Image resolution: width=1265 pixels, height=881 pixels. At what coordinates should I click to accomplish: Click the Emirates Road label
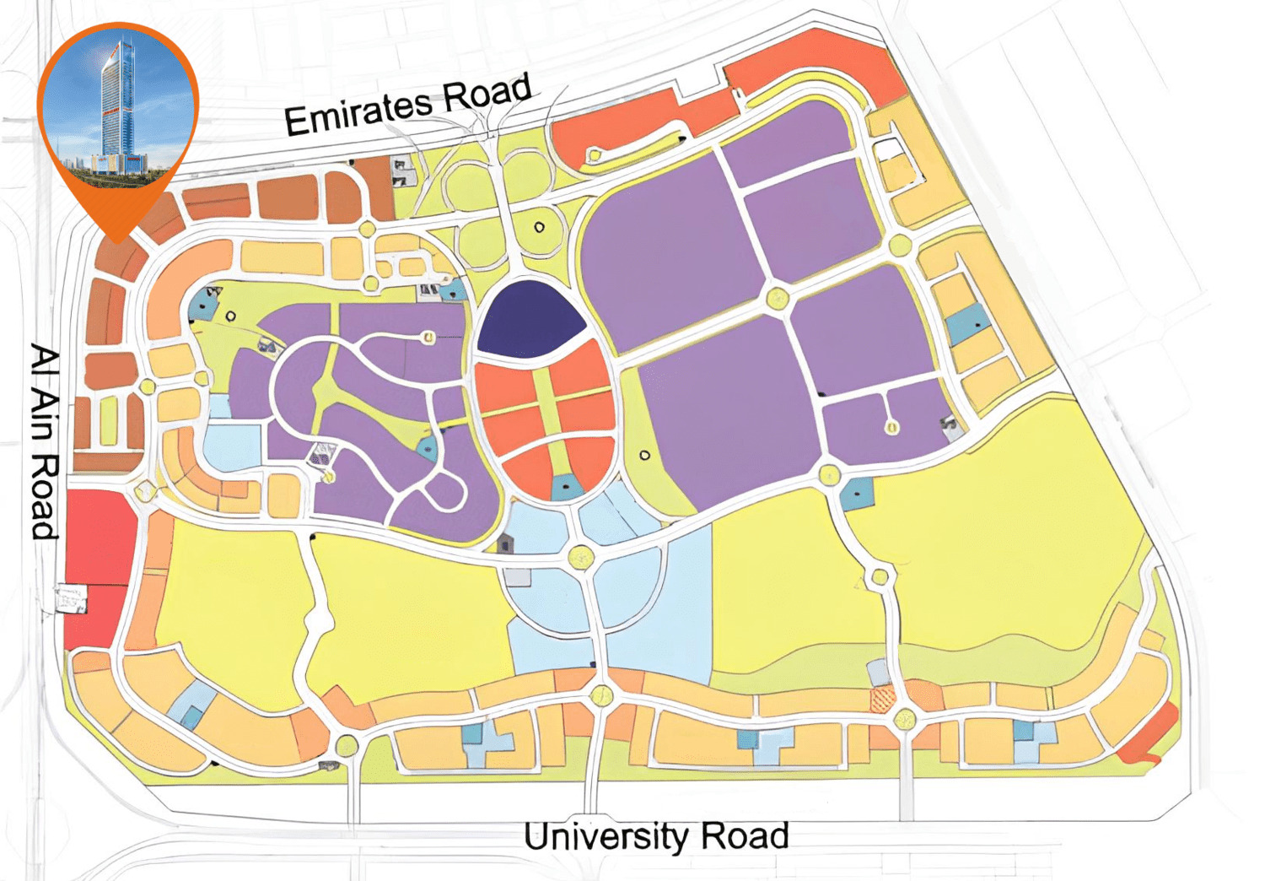click(x=407, y=105)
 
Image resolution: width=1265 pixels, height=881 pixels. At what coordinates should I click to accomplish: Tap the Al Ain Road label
click(x=45, y=440)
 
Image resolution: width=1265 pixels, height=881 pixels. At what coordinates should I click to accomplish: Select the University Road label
click(x=655, y=836)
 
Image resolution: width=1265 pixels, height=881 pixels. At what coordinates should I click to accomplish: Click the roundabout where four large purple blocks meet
click(x=777, y=298)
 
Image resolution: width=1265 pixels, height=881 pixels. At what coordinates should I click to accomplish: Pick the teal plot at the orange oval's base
click(x=566, y=487)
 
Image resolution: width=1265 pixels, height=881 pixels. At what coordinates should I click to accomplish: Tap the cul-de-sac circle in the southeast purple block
click(x=891, y=427)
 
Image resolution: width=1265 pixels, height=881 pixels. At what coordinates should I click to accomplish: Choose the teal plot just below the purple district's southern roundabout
click(x=857, y=493)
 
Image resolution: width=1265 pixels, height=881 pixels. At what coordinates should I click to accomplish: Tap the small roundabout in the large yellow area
click(x=880, y=577)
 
